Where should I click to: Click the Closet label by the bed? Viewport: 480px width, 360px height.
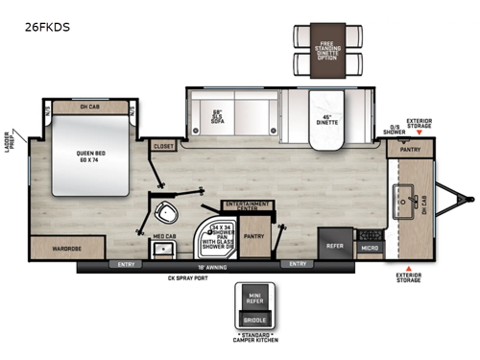click(164, 146)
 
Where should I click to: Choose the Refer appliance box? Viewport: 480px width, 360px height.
click(334, 245)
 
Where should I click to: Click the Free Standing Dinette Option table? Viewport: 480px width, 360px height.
click(323, 48)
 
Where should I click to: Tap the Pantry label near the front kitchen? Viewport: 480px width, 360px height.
click(411, 150)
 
